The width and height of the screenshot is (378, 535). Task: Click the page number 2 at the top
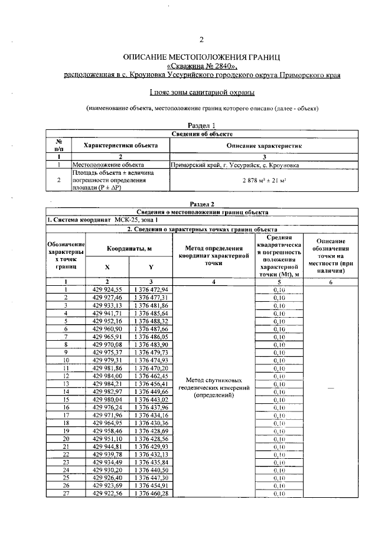201,40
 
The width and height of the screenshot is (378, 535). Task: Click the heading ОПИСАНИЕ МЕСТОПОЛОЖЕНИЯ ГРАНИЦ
201,57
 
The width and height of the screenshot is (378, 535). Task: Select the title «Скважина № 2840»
201,66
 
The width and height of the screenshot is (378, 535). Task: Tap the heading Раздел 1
201,125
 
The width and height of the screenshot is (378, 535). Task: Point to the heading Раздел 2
201,204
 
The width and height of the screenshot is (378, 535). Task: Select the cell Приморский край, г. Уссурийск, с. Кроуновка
234,166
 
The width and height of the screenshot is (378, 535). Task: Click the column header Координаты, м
129,249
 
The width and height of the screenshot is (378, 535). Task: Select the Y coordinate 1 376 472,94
151,289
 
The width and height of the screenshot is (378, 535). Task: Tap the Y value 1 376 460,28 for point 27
151,492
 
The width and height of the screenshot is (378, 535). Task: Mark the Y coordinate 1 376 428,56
151,438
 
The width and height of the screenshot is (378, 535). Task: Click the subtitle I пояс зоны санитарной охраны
201,92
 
